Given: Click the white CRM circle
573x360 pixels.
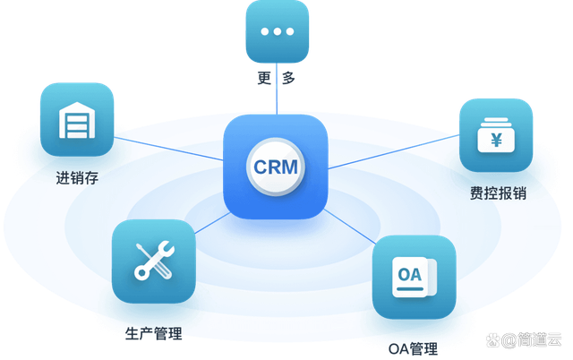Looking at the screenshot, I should (x=275, y=167).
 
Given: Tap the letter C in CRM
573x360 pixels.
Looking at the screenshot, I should (x=260, y=167).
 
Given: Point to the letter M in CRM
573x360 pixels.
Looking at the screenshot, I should (x=292, y=167).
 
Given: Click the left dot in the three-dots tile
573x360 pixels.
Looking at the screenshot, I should (x=264, y=31).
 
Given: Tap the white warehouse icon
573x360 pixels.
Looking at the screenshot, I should (x=76, y=120).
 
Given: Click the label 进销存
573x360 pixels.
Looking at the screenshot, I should (x=76, y=177).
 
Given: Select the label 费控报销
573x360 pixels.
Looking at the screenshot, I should (x=495, y=193).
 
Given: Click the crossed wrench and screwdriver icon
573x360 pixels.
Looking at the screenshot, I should (x=152, y=260).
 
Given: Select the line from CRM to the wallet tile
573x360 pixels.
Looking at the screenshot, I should (x=394, y=154).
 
